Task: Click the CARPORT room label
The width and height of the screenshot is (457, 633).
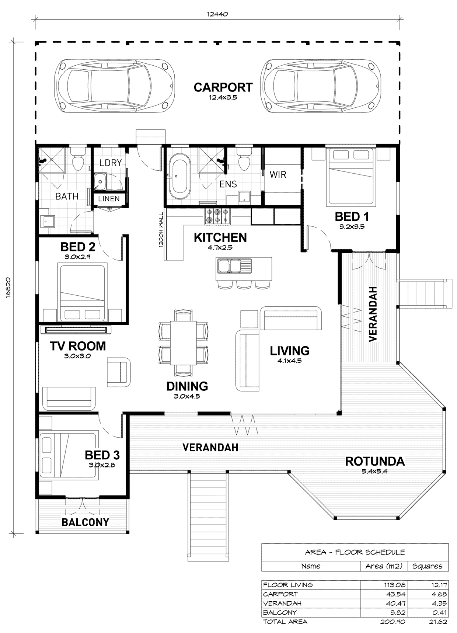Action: coord(223,88)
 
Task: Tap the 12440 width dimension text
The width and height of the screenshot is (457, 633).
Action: coord(218,14)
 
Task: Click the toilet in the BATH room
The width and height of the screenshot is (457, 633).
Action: coord(78,160)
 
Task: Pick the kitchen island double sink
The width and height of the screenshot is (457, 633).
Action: coord(234,266)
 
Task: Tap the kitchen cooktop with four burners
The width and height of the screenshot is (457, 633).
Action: coord(217,216)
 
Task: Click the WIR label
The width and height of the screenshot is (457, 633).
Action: coord(278,174)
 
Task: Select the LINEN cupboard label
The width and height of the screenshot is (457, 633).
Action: coord(109,199)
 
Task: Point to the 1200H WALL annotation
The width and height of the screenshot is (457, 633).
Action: coord(161,231)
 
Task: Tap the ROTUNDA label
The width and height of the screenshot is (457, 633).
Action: coord(374,461)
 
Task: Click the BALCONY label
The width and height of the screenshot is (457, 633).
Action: coord(85,522)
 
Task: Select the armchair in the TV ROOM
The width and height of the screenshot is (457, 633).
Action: coord(119,372)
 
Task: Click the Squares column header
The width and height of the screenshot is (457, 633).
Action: coord(427,566)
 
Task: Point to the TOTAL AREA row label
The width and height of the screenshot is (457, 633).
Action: coord(285,622)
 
